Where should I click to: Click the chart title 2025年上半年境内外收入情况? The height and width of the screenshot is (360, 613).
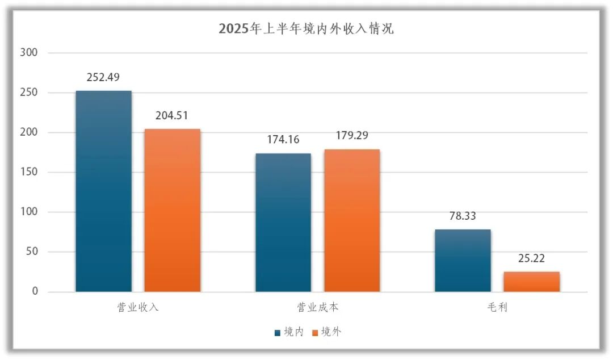pyautogui.click(x=306, y=29)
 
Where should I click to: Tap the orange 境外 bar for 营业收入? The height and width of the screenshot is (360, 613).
pyautogui.click(x=172, y=210)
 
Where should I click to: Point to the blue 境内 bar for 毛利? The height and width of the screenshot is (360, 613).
pyautogui.click(x=463, y=261)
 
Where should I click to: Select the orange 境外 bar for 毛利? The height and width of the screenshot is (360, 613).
pyautogui.click(x=531, y=282)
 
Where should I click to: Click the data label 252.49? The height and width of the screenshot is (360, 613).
pyautogui.click(x=103, y=78)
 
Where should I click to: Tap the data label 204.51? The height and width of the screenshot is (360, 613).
pyautogui.click(x=172, y=115)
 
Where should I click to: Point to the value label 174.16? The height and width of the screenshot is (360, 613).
pyautogui.click(x=283, y=140)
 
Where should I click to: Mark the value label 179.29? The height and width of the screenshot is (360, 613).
pyautogui.click(x=352, y=136)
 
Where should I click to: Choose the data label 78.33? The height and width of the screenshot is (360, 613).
pyautogui.click(x=463, y=216)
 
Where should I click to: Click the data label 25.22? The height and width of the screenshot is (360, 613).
pyautogui.click(x=531, y=258)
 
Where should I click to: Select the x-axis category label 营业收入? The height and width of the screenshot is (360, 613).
pyautogui.click(x=138, y=308)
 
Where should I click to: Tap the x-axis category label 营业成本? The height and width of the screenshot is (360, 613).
pyautogui.click(x=317, y=308)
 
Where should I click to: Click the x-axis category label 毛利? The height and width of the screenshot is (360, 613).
pyautogui.click(x=497, y=308)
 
